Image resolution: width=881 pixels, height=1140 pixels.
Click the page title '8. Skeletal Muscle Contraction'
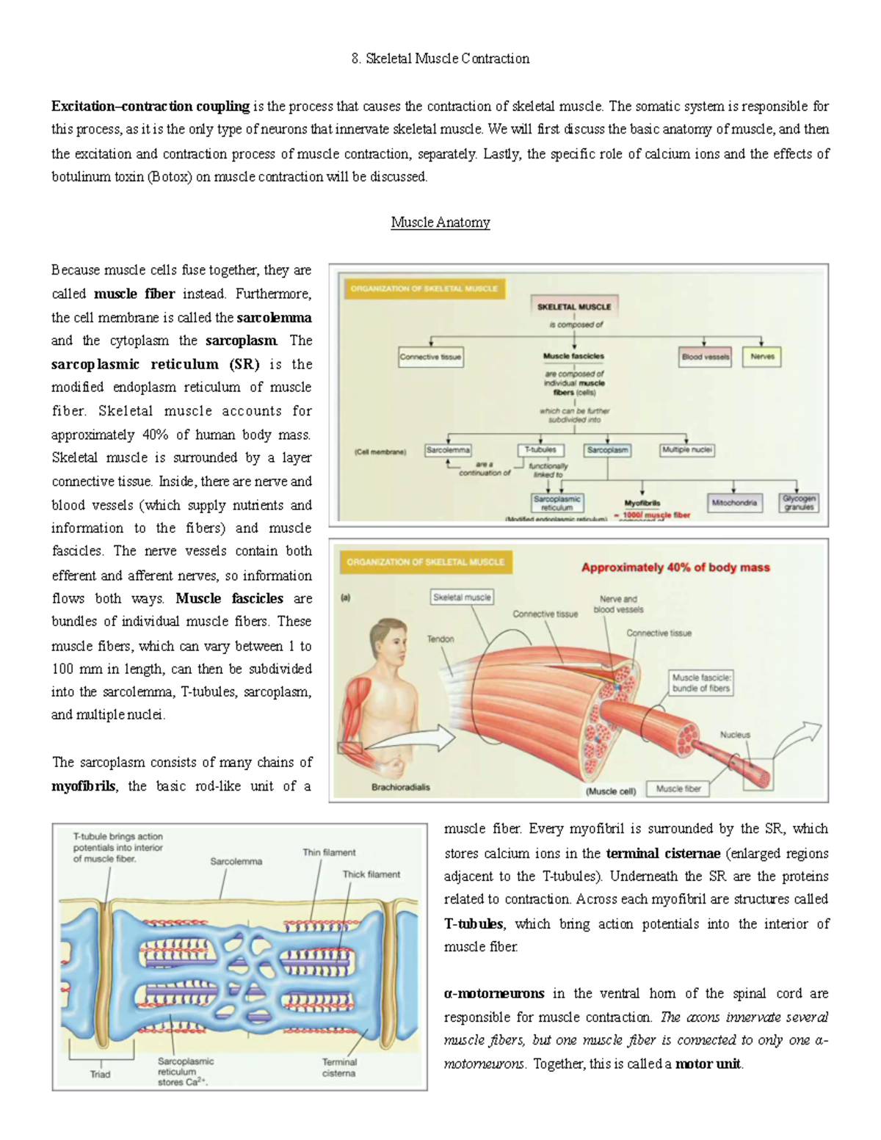click(x=440, y=59)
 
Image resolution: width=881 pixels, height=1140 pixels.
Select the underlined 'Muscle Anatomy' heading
click(x=440, y=222)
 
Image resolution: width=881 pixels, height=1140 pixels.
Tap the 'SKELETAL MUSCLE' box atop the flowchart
click(x=574, y=307)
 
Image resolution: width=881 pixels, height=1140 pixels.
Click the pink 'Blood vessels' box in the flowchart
click(x=705, y=357)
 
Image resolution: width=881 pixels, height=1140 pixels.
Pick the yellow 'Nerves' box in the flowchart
click(x=762, y=357)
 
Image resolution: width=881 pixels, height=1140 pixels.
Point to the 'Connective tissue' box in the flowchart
click(x=430, y=357)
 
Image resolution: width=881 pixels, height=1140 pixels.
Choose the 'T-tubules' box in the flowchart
click(x=540, y=449)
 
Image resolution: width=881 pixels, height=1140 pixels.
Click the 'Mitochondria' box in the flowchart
click(x=733, y=503)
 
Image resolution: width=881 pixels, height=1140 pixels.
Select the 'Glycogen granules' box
click(x=799, y=503)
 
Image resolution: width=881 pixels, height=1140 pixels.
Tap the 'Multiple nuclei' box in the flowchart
click(x=686, y=449)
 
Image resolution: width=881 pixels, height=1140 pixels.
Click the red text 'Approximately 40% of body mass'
click(x=675, y=567)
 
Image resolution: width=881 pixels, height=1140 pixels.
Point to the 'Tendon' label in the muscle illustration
click(x=440, y=639)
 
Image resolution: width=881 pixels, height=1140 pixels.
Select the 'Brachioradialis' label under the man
click(x=401, y=787)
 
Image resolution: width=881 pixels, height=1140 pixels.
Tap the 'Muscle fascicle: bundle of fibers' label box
click(x=701, y=683)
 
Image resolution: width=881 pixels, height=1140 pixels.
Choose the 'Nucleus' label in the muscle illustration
click(x=735, y=734)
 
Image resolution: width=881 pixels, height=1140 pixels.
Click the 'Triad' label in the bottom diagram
click(x=100, y=1074)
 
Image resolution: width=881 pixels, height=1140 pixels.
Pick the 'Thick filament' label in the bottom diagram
click(x=371, y=874)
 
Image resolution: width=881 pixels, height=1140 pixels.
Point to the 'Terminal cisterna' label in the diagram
click(x=338, y=1067)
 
